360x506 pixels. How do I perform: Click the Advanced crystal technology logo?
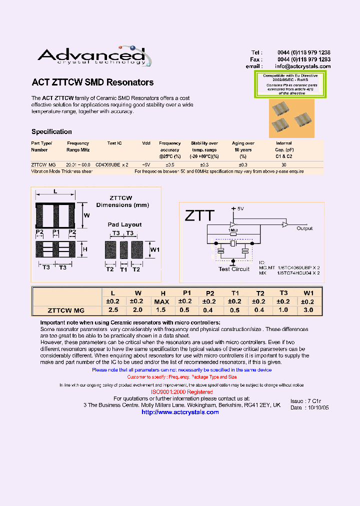click(x=91, y=56)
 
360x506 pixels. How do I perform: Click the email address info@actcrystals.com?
click(x=302, y=66)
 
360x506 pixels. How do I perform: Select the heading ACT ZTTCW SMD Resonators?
click(x=92, y=82)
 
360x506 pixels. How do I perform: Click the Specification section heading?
click(x=51, y=132)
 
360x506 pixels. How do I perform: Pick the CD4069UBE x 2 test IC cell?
click(x=112, y=164)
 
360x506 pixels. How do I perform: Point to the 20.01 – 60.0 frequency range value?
click(x=78, y=164)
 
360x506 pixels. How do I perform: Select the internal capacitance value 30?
click(x=284, y=164)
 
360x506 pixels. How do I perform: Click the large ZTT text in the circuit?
click(x=199, y=216)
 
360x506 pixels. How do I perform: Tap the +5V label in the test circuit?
click(x=236, y=208)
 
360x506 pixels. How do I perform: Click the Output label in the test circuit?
click(x=304, y=228)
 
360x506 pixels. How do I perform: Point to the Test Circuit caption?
click(x=234, y=269)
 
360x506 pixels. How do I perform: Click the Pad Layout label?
click(x=124, y=225)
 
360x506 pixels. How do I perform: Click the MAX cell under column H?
click(x=161, y=301)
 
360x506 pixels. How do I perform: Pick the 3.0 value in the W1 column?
click(x=308, y=310)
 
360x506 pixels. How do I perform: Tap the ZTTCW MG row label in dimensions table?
click(x=65, y=310)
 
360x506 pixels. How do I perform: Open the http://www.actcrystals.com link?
click(x=180, y=412)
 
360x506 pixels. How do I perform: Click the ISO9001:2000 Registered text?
click(x=181, y=392)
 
